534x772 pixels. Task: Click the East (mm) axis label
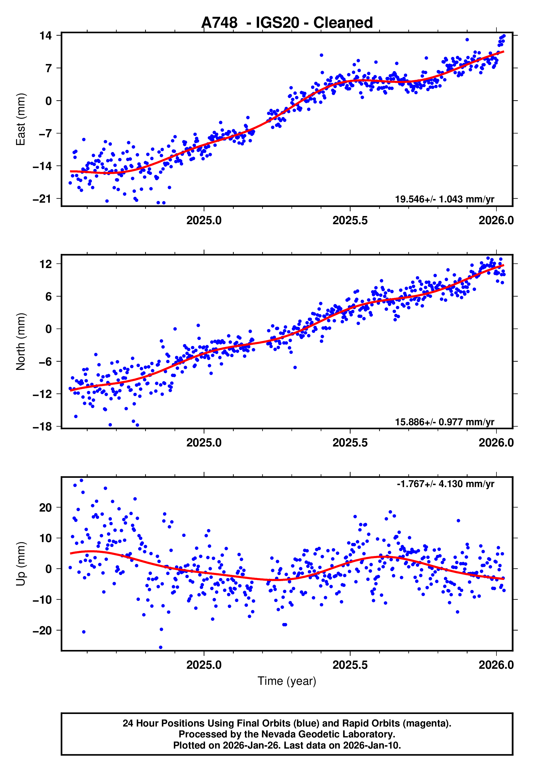point(21,119)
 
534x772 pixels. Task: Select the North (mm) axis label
point(21,342)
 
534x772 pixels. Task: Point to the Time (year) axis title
point(287,681)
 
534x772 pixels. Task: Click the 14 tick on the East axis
point(46,35)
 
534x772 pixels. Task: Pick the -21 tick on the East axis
point(42,199)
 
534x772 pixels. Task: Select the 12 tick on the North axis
point(46,264)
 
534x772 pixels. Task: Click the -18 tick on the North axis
point(42,427)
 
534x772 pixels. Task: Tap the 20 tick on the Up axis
point(46,508)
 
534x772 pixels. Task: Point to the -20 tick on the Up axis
point(42,630)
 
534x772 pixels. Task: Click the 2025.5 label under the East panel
point(350,220)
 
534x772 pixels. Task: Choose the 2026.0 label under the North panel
point(496,443)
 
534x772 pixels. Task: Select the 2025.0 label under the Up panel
point(204,665)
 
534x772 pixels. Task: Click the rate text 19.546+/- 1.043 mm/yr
point(444,199)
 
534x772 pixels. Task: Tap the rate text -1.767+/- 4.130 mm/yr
point(445,484)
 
